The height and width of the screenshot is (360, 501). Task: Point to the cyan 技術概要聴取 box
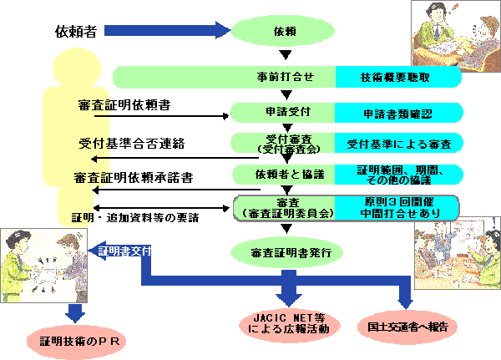point(396,77)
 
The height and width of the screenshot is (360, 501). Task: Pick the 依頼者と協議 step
point(284,174)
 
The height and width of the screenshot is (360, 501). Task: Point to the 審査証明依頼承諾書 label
point(134,177)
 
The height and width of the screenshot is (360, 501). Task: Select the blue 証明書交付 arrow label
point(124,250)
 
